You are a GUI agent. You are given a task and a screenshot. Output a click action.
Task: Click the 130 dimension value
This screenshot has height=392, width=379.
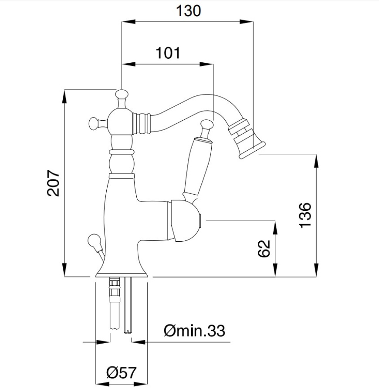pos(189,11)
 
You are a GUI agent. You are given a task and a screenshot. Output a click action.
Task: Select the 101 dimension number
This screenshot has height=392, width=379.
pos(168,53)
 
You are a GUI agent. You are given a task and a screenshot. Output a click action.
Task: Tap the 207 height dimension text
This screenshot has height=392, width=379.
pos(54,183)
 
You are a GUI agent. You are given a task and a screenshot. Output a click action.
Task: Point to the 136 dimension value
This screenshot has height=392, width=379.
pos(305,215)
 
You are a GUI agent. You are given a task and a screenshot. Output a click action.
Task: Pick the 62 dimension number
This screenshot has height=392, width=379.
pos(264,248)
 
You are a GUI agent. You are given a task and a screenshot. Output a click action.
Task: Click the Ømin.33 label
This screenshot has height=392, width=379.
pos(194,331)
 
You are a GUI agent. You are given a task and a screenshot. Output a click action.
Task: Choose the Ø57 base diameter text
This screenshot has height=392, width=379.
pos(122,372)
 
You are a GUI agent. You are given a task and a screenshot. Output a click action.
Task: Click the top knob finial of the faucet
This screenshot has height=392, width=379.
pos(122,95)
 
